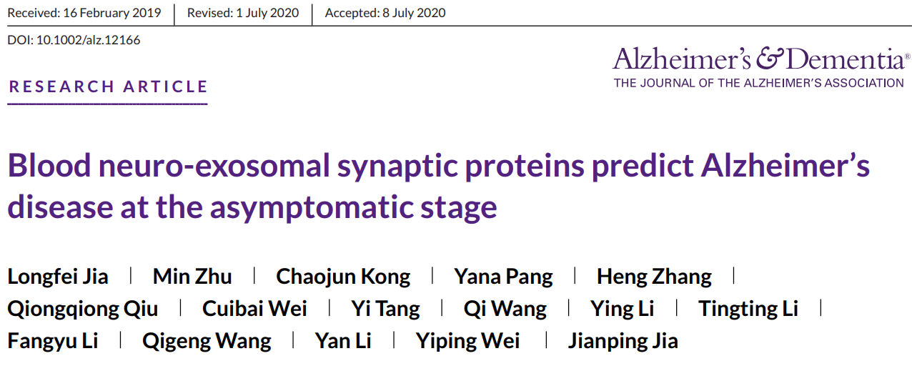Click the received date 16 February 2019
click(x=112, y=13)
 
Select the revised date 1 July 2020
click(x=267, y=13)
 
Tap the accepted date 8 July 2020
click(x=414, y=13)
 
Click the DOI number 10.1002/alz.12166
click(x=89, y=40)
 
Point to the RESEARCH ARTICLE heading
click(x=108, y=86)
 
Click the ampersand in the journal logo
click(x=770, y=59)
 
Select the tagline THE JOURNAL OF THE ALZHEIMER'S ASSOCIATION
click(x=758, y=83)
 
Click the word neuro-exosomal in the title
click(x=214, y=165)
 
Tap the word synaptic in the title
click(x=397, y=168)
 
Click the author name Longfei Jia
click(x=58, y=277)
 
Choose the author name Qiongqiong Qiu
click(x=83, y=310)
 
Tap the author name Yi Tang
click(x=385, y=310)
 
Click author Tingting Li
click(x=748, y=310)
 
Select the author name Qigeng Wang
click(x=207, y=342)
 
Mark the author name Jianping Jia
click(x=623, y=342)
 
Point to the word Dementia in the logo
click(x=846, y=59)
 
